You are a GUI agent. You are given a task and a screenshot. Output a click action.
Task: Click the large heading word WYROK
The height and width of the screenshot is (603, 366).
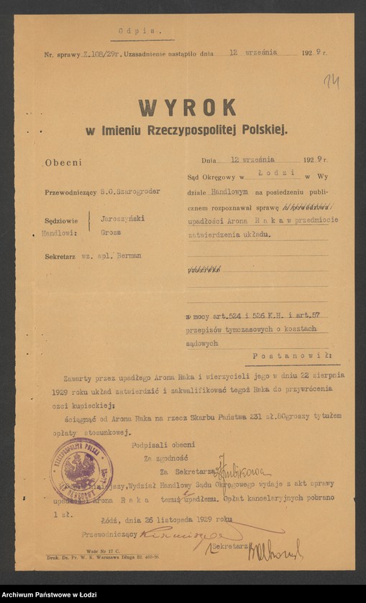click(x=188, y=108)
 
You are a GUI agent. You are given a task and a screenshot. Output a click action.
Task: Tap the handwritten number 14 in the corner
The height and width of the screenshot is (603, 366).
click(x=331, y=80)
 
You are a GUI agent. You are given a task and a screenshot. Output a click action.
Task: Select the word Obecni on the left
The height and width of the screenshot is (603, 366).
click(x=63, y=163)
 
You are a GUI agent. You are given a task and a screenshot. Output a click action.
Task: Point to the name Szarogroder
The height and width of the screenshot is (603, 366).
click(x=136, y=192)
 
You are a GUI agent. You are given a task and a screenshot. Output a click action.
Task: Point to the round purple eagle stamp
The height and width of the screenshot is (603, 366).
click(x=81, y=470)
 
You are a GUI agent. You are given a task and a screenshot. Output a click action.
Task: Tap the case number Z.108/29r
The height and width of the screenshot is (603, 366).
click(x=98, y=54)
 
